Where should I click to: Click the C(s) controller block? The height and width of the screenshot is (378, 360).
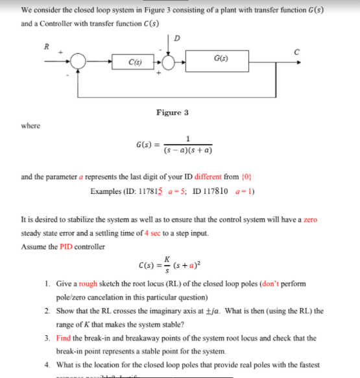(x=133, y=62)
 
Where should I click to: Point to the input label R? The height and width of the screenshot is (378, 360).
(x=45, y=47)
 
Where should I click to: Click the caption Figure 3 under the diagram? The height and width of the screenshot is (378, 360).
(x=172, y=112)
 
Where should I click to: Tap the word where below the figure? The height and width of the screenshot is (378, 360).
(x=30, y=125)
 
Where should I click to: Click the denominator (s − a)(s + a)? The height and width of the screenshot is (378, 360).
(x=188, y=151)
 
